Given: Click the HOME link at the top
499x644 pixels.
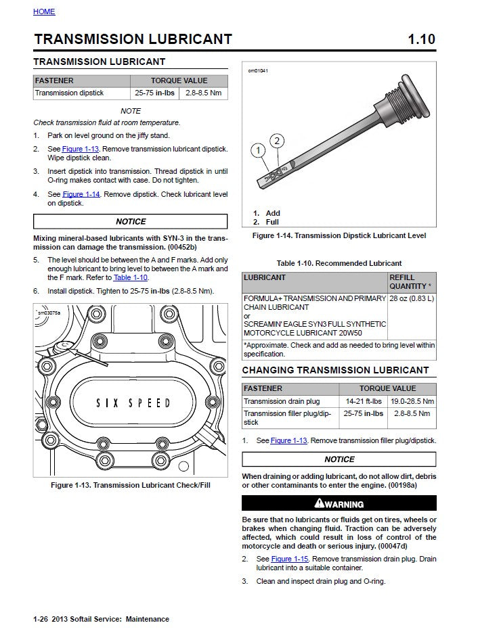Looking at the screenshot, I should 44,12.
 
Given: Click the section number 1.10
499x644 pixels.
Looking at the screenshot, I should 421,39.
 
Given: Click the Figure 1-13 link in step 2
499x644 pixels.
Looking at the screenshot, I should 81,148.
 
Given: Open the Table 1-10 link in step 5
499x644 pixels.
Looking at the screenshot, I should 131,277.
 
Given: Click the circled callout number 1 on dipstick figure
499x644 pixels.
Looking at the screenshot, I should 258,150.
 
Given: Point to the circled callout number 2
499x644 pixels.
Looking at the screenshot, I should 276,141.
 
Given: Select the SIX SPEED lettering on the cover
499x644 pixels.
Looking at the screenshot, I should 133,403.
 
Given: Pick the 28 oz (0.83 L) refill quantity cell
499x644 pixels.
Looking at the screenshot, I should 412,298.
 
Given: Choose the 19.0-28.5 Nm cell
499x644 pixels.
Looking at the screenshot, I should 412,401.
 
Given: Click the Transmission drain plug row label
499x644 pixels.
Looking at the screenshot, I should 282,401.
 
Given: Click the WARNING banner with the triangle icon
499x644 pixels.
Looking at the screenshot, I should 339,503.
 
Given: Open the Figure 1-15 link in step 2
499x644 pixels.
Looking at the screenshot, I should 290,559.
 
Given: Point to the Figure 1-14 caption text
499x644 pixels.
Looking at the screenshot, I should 339,236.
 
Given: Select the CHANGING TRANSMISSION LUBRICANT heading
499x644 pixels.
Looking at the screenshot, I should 335,370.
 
